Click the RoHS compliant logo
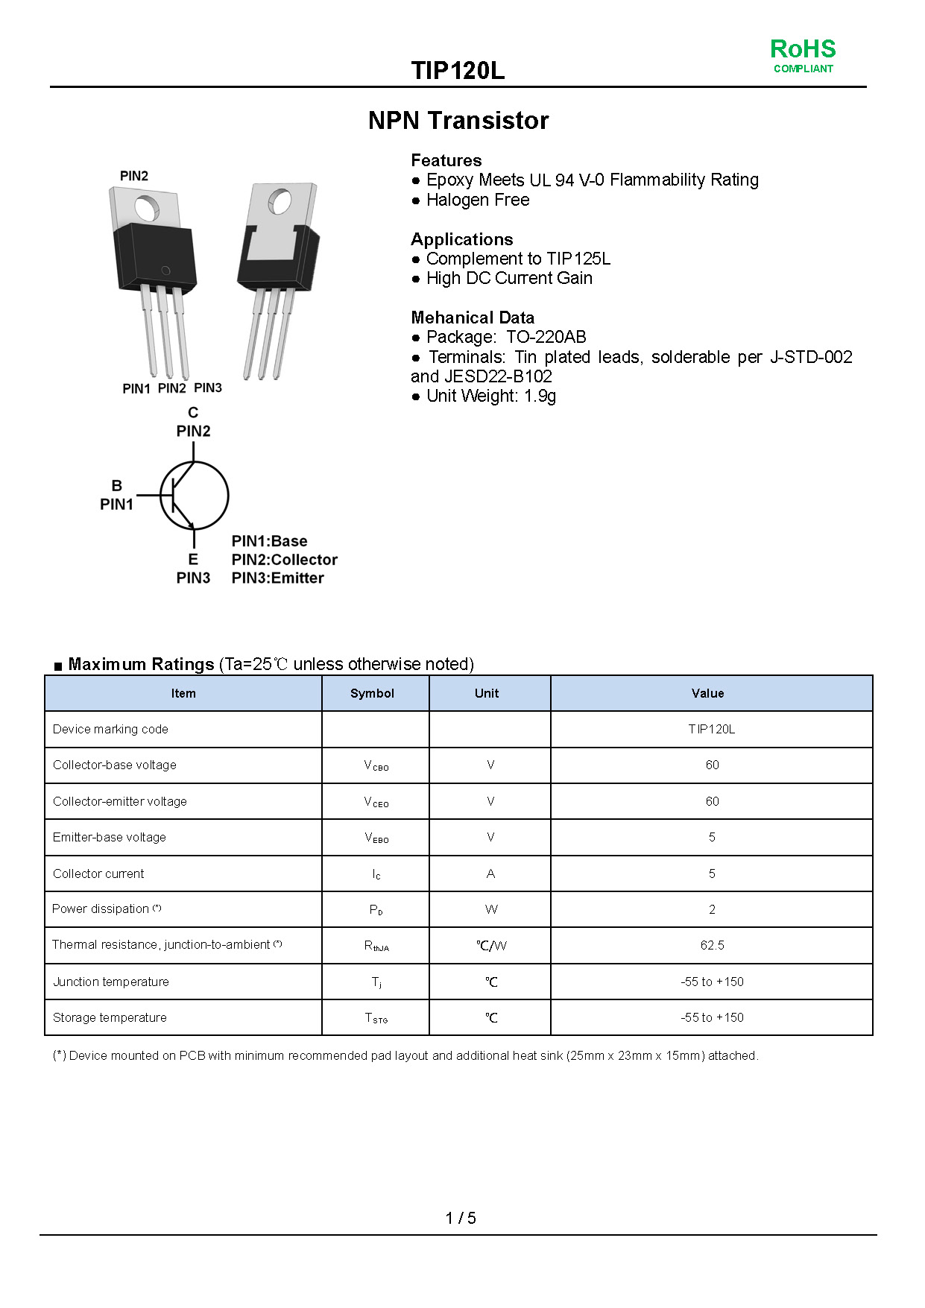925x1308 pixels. tap(803, 56)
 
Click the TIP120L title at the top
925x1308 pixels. tap(458, 70)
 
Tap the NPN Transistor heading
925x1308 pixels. tap(458, 120)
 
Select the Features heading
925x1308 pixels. tap(446, 160)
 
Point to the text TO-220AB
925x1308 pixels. tap(546, 337)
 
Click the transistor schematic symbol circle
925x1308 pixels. tap(194, 496)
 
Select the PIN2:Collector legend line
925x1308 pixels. tap(284, 560)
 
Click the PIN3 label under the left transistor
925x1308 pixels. tap(208, 388)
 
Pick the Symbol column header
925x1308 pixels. tap(372, 693)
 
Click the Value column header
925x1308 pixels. tap(707, 693)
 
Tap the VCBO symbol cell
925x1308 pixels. tap(376, 765)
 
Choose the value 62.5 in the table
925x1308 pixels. tap(712, 945)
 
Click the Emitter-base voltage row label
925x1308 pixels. tap(110, 837)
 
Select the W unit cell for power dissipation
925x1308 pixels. tap(490, 909)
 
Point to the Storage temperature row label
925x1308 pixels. tap(110, 1017)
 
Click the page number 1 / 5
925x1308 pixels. tap(461, 1218)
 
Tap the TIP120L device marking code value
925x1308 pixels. tap(711, 729)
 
